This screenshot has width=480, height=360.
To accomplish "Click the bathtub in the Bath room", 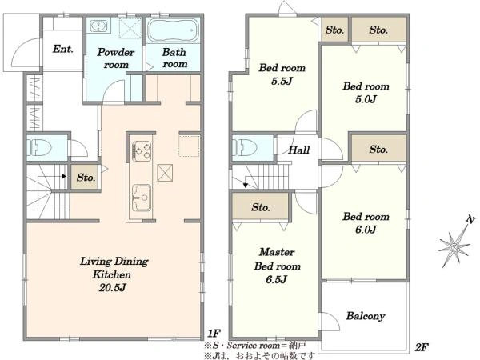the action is pyautogui.click(x=172, y=30).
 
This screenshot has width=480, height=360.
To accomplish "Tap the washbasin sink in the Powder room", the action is pyautogui.click(x=98, y=26).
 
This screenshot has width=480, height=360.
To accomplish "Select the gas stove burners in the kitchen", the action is pyautogui.click(x=142, y=150).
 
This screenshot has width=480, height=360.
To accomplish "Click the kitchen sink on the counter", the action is pyautogui.click(x=142, y=198).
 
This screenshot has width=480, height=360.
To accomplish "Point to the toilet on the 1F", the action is pyautogui.click(x=39, y=148).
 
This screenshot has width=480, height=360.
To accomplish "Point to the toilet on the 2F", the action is pyautogui.click(x=244, y=147).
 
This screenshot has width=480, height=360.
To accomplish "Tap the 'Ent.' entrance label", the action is pyautogui.click(x=62, y=49).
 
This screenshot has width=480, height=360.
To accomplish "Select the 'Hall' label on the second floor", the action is pyautogui.click(x=298, y=150).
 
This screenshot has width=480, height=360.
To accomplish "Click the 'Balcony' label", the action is pyautogui.click(x=366, y=316).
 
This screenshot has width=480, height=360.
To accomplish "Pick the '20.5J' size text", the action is pyautogui.click(x=112, y=287).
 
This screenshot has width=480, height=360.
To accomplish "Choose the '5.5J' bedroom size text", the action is pyautogui.click(x=282, y=81).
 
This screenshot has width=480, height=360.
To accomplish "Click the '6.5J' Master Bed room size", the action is pyautogui.click(x=277, y=279).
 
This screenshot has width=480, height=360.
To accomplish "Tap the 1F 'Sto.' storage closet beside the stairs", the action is pyautogui.click(x=86, y=178).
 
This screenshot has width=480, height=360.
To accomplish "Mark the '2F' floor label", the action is pyautogui.click(x=422, y=347).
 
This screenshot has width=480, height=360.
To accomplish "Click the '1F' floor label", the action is pyautogui.click(x=214, y=333).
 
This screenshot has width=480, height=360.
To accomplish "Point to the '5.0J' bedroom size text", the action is pyautogui.click(x=366, y=99).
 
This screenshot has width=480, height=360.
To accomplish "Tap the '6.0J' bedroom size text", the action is pyautogui.click(x=366, y=230).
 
